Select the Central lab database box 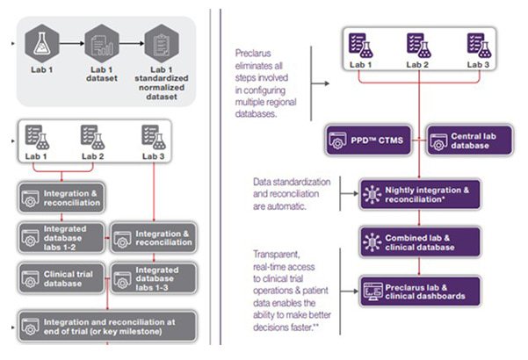(x=455, y=140)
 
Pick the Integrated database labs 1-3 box (x=152, y=278)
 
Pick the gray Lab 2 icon (x=91, y=136)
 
